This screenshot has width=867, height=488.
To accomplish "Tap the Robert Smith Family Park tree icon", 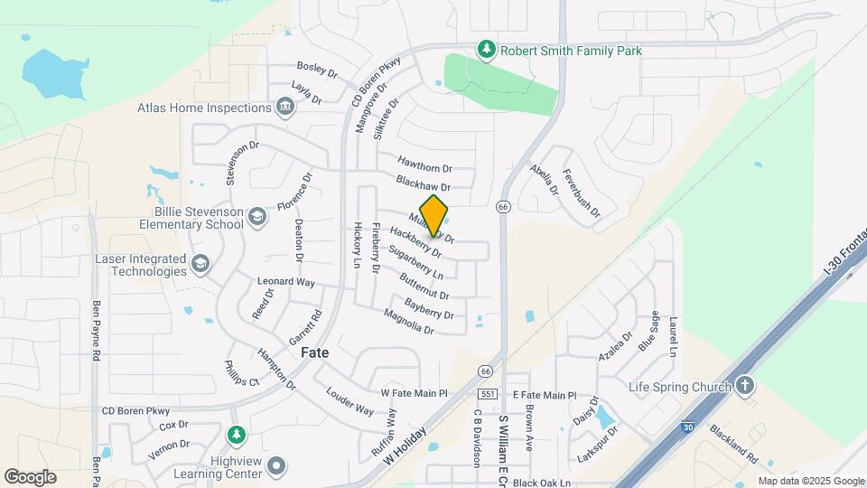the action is [x=487, y=50].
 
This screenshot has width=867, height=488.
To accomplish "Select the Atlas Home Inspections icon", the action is [x=284, y=108].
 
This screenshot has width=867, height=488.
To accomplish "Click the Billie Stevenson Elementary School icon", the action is [x=257, y=216].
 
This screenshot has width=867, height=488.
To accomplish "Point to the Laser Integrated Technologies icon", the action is [x=200, y=264].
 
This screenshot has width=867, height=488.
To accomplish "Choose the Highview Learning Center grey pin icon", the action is [x=276, y=466].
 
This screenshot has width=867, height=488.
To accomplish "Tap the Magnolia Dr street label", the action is [x=409, y=323].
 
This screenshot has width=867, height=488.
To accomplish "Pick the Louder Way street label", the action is [x=350, y=402].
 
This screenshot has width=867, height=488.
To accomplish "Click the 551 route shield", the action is [x=486, y=394].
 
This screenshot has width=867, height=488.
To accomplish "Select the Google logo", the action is [x=30, y=476].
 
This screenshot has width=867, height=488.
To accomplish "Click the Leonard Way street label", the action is [x=286, y=282].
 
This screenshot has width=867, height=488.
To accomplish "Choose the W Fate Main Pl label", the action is [x=415, y=394].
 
